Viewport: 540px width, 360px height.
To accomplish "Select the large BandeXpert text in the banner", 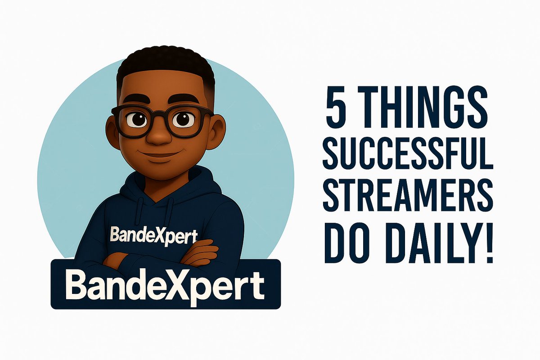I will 165,284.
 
